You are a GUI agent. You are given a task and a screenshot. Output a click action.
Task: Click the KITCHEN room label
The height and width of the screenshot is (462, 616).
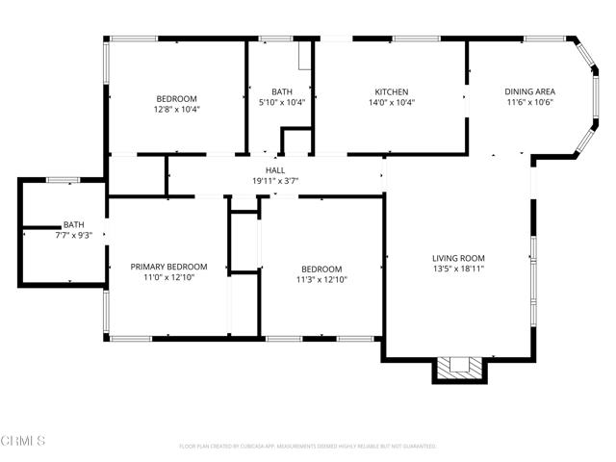[392, 91]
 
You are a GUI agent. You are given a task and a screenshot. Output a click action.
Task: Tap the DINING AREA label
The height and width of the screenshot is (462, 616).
[529, 91]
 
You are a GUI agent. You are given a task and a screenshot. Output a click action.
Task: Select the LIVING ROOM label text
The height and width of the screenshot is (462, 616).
[457, 258]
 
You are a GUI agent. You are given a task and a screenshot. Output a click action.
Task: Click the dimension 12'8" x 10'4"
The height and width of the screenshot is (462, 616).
[177, 109]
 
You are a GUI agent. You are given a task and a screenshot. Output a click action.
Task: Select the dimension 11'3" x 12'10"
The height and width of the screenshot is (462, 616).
[321, 280]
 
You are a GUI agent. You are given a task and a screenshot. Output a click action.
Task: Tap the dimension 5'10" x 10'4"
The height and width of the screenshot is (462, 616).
[282, 102]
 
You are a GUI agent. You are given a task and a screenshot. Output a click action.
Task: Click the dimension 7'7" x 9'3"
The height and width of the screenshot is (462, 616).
[74, 235]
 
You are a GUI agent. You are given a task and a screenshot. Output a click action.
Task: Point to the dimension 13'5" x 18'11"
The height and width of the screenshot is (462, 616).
[457, 269]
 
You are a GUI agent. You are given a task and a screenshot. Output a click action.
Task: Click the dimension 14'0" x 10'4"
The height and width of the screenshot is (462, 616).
[392, 102]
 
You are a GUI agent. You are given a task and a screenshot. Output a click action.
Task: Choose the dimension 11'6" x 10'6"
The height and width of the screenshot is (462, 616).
[529, 102]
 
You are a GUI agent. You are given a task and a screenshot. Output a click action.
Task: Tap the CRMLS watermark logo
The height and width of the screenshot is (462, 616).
[23, 441]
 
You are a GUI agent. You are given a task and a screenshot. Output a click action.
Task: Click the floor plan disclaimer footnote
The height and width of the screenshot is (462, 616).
[308, 447]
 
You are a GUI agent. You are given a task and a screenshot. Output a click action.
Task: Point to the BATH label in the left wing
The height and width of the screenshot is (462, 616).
[74, 224]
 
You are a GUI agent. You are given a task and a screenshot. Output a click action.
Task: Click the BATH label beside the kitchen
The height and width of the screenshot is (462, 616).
[282, 91]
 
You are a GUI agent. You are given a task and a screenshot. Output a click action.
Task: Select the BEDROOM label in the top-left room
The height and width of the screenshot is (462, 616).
[177, 98]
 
